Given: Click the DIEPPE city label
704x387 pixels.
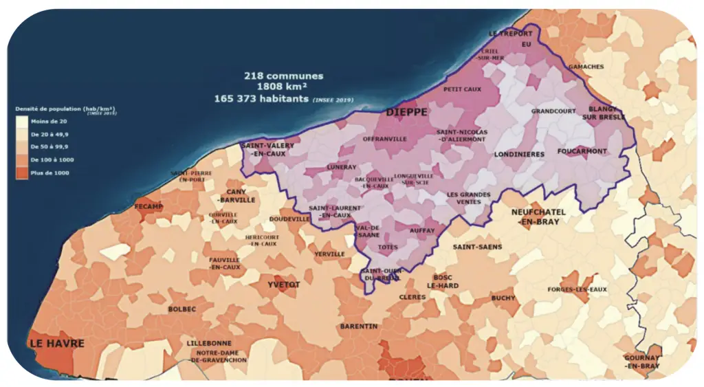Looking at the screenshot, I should (406, 111).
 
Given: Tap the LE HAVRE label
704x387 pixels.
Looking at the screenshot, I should (56, 344).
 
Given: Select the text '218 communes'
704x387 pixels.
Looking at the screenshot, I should (283, 76).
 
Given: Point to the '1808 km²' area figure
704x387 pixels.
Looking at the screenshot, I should (283, 87).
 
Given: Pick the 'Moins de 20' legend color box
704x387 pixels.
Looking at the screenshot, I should (23, 122).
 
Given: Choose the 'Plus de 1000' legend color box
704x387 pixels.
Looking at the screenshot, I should (23, 173).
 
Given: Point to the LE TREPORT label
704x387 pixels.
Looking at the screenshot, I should (510, 34).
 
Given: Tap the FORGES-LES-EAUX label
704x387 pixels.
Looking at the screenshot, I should (577, 289).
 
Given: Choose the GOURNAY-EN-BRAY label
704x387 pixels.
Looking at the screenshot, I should (642, 362).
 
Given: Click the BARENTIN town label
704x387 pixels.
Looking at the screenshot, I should (359, 327).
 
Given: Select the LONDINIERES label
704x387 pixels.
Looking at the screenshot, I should (519, 155).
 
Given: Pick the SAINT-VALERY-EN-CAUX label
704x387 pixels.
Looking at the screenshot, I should (268, 150).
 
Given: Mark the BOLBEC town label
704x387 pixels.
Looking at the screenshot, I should (181, 309).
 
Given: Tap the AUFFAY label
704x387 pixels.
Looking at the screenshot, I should (423, 232).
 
